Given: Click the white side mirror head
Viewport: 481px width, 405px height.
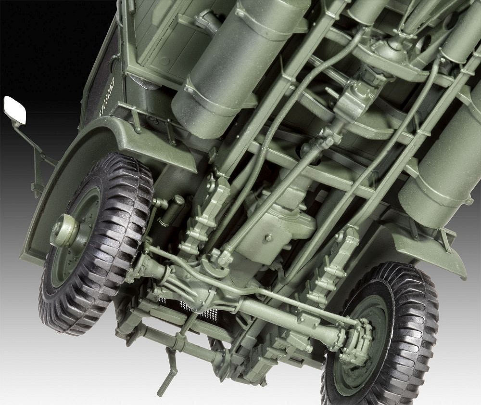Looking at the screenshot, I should click(14, 110).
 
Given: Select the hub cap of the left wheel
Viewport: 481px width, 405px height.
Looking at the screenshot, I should click(63, 231).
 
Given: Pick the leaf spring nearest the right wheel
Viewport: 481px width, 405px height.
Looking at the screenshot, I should click(332, 270).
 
